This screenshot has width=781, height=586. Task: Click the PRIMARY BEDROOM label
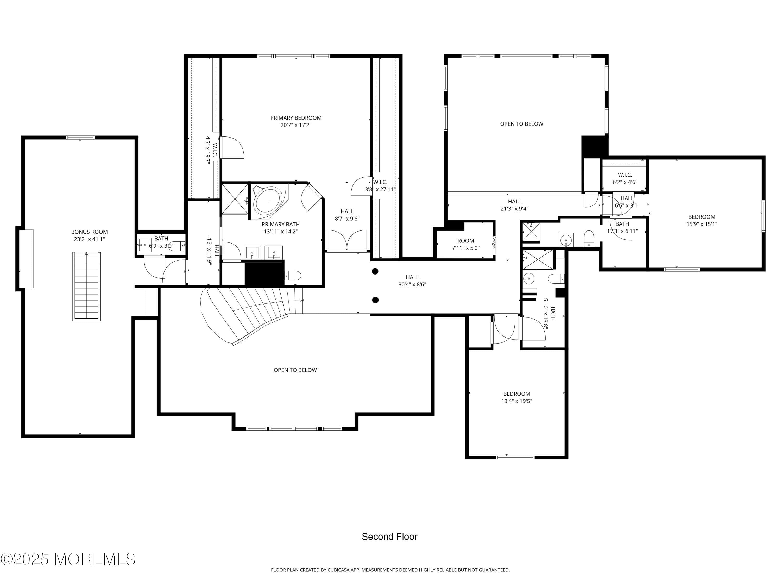pos(296,118)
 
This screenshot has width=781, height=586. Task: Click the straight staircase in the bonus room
pos(86,286)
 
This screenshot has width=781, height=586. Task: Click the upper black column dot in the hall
pos(375,271)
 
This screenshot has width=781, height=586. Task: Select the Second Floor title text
pos(389,537)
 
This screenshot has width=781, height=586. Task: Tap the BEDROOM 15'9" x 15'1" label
pos(702,220)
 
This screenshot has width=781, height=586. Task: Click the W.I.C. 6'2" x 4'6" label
pos(625,179)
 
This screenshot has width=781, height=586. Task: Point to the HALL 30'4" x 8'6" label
pos(412,281)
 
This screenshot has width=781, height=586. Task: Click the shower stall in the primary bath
pos(235,199)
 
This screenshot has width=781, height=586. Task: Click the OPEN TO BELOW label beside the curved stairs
pos(295,370)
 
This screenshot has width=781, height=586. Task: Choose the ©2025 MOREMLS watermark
pos(68,559)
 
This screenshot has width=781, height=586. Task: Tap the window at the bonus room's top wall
pos(80,138)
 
